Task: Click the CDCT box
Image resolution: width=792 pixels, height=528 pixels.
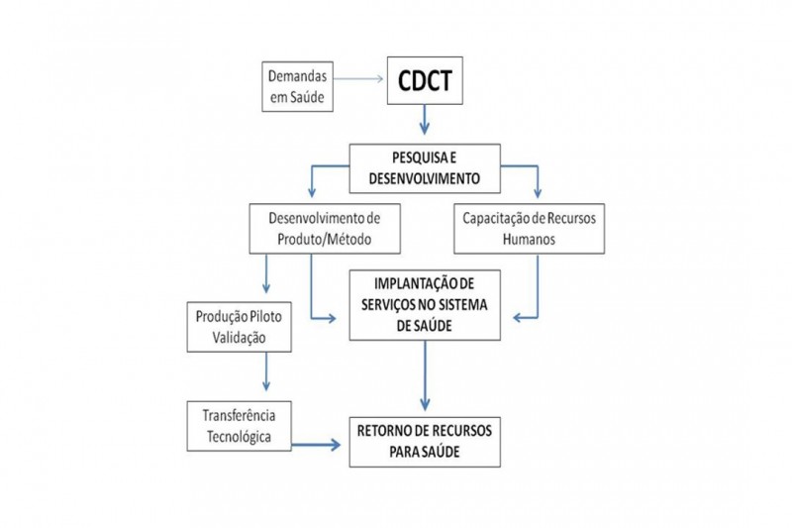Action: pyautogui.click(x=425, y=81)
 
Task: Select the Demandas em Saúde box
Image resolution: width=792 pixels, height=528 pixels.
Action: pyautogui.click(x=298, y=86)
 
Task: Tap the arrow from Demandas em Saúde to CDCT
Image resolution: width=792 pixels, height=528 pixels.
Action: pyautogui.click(x=358, y=78)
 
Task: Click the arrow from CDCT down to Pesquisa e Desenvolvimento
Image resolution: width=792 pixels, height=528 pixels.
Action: pyautogui.click(x=425, y=119)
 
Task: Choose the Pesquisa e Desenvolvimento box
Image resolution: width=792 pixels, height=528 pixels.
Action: pyautogui.click(x=425, y=168)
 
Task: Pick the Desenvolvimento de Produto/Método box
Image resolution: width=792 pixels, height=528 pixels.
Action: pyautogui.click(x=325, y=229)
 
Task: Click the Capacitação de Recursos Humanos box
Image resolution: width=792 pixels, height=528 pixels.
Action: pyautogui.click(x=530, y=229)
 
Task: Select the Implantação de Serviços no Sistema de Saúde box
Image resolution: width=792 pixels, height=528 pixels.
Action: pyautogui.click(x=425, y=305)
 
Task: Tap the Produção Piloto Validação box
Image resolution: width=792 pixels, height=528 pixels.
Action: pyautogui.click(x=239, y=327)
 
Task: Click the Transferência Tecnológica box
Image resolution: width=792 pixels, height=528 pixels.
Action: pyautogui.click(x=239, y=426)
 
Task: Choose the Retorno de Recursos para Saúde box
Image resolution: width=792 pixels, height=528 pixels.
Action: pyautogui.click(x=425, y=442)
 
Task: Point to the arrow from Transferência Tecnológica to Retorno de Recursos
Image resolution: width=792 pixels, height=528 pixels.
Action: pyautogui.click(x=316, y=445)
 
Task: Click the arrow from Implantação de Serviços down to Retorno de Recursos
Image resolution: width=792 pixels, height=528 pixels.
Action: pyautogui.click(x=425, y=375)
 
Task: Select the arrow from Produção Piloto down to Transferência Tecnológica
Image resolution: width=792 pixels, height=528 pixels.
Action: pyautogui.click(x=266, y=371)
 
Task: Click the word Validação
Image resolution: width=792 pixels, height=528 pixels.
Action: pyautogui.click(x=239, y=338)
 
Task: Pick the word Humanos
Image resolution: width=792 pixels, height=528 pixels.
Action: pyautogui.click(x=529, y=239)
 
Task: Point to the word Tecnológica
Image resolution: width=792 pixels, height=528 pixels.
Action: pyautogui.click(x=239, y=437)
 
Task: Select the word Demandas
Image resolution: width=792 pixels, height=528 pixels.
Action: pyautogui.click(x=298, y=76)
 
